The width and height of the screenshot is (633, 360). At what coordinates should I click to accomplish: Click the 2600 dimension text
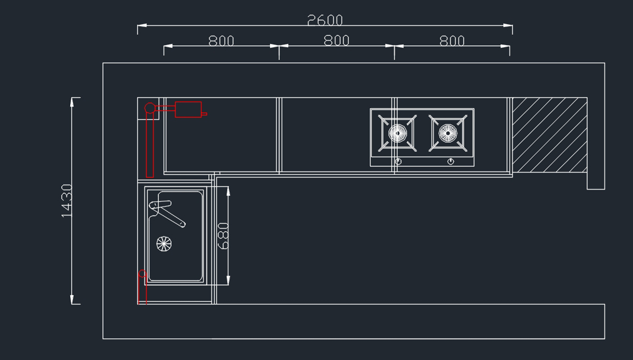325,20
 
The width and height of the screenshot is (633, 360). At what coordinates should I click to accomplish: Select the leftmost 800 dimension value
221,41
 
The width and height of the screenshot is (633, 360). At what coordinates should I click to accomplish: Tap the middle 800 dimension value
337,41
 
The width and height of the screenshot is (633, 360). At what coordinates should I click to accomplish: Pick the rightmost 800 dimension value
452,41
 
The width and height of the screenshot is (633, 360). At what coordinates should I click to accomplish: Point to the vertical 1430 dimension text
66,201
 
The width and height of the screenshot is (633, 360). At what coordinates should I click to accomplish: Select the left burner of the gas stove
398,133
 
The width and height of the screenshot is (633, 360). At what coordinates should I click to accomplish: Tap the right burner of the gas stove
447,133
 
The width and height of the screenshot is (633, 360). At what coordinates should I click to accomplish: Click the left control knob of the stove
398,161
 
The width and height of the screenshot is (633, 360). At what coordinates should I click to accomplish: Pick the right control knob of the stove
451,161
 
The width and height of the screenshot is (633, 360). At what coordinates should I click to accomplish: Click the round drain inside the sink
164,243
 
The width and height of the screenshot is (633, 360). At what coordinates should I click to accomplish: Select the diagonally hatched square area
550,135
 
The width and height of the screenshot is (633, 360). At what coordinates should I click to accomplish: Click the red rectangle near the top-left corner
188,109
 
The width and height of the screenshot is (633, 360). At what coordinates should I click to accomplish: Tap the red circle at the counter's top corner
150,108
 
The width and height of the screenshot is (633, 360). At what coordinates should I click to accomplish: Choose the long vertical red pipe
149,145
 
